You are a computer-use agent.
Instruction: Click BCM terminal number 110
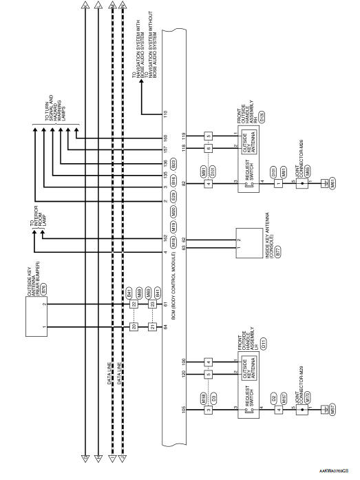pyautogui.click(x=166, y=113)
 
